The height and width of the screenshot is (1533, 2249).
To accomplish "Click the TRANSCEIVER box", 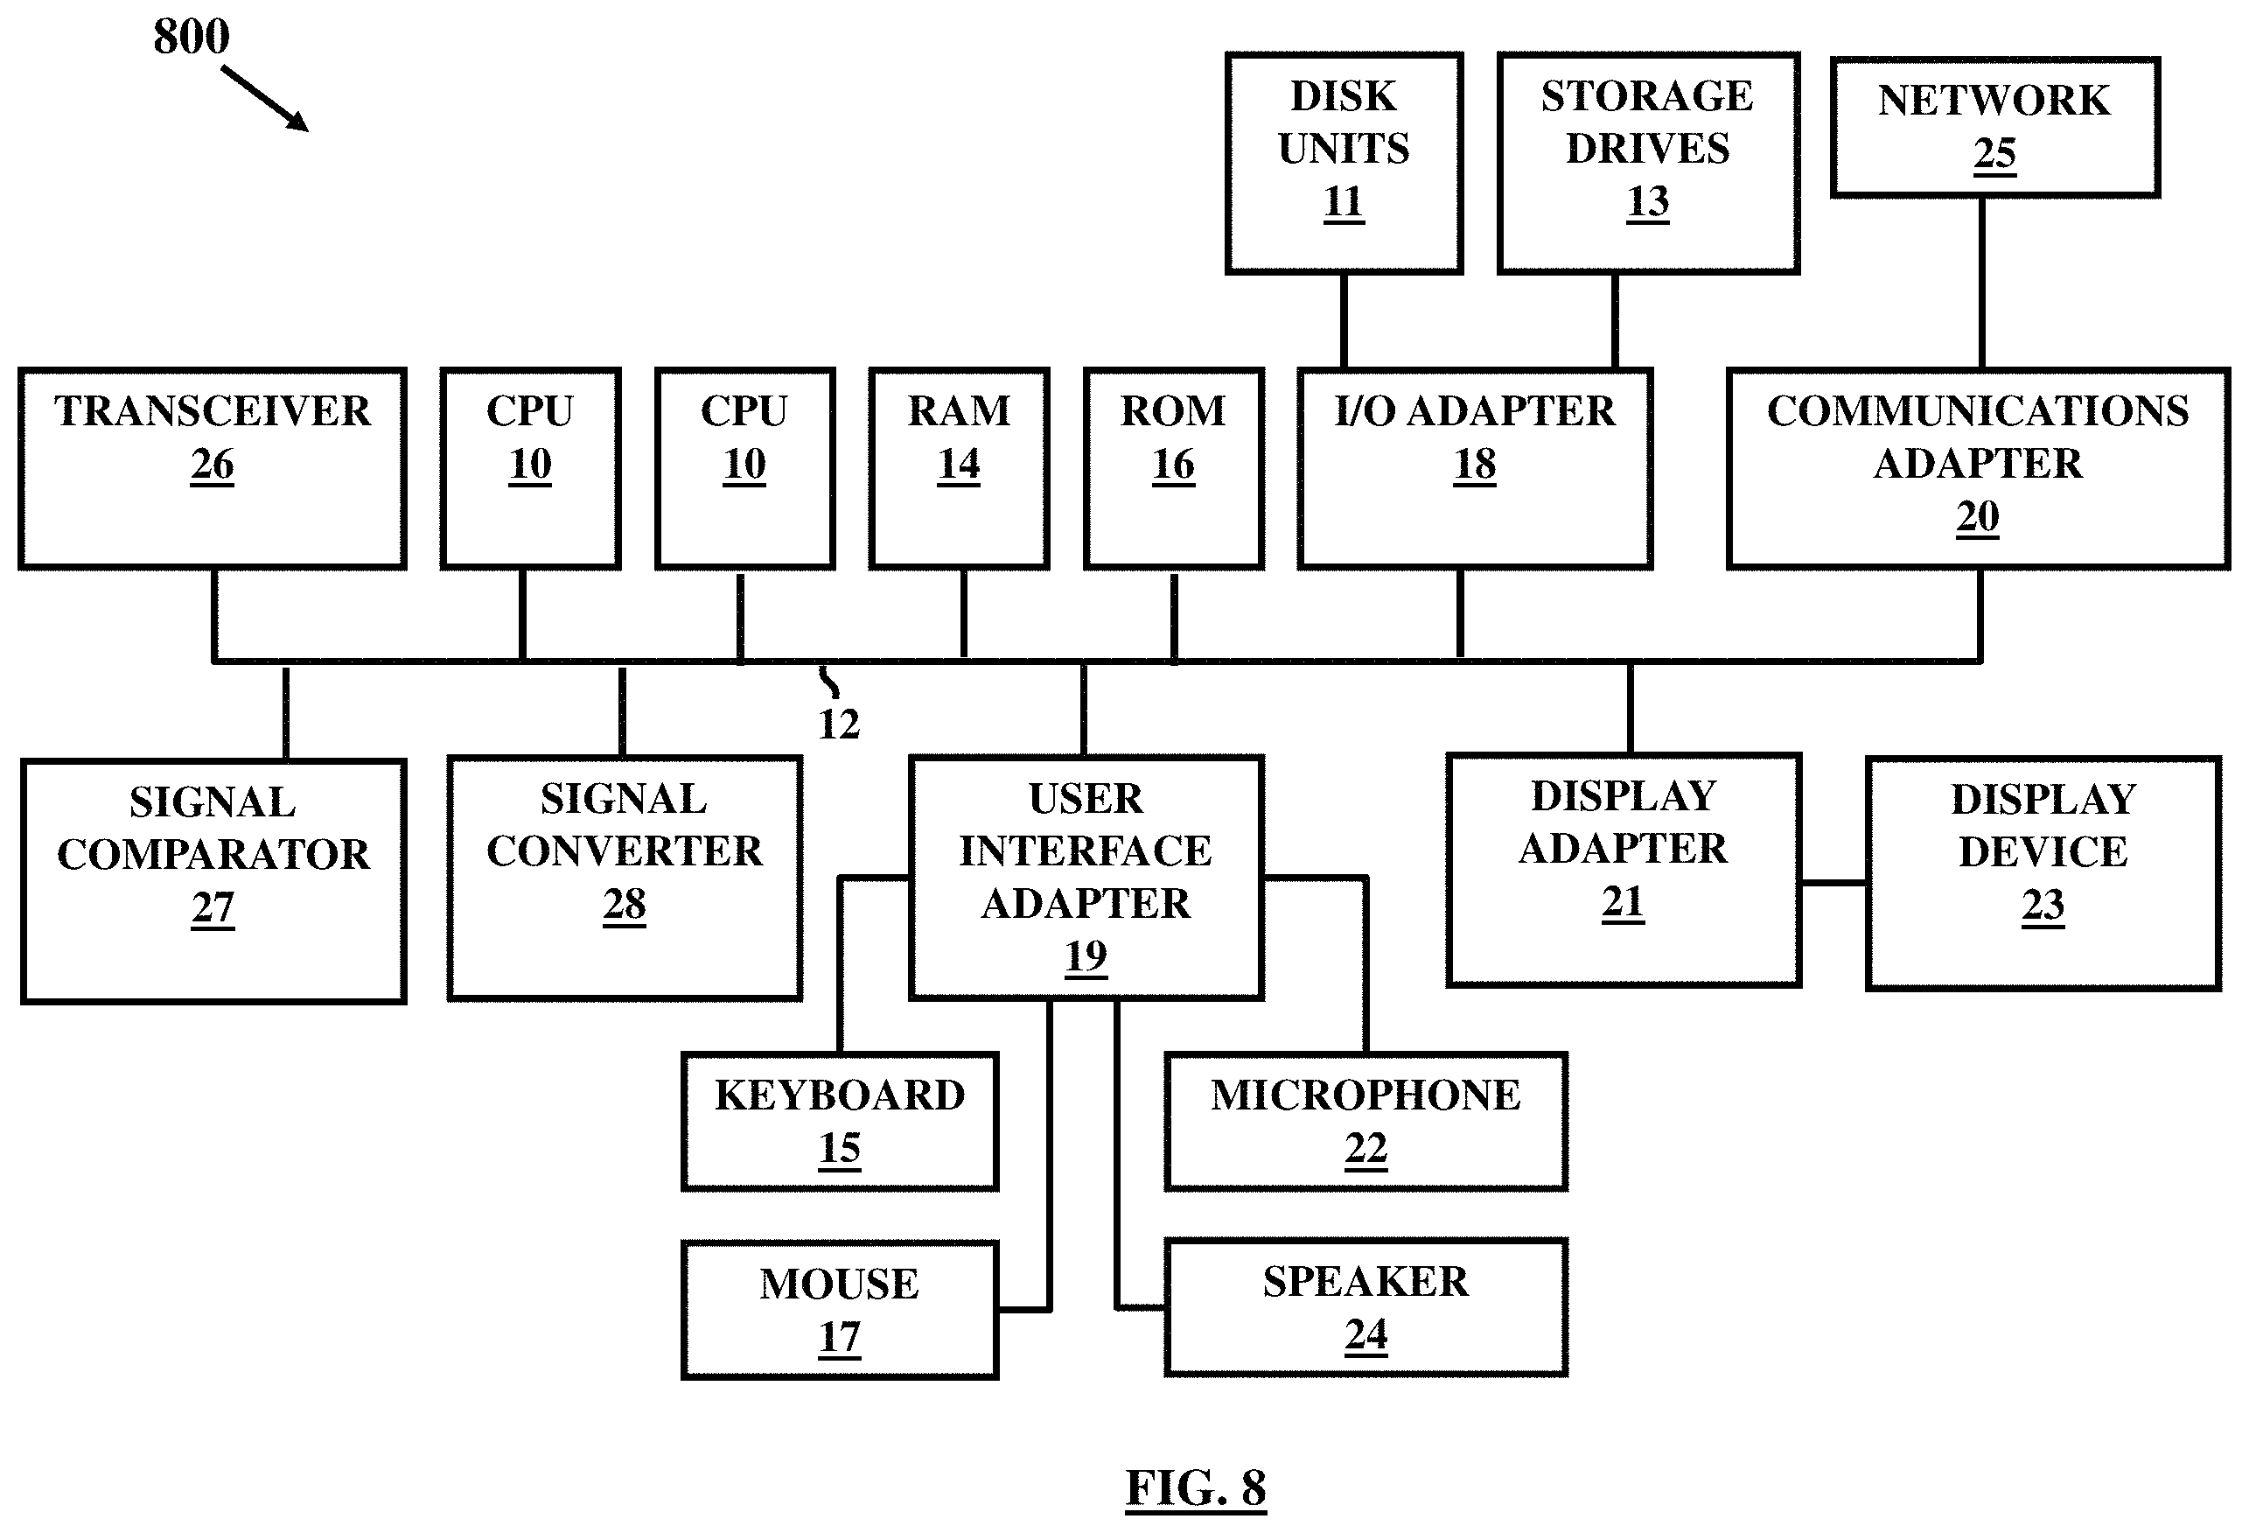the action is [212, 468].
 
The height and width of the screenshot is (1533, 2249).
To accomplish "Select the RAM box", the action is [959, 468].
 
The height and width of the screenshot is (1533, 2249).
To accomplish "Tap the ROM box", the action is [1174, 468].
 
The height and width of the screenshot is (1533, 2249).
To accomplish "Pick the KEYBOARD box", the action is [840, 1122].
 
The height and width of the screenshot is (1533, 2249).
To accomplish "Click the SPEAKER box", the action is [1366, 1307].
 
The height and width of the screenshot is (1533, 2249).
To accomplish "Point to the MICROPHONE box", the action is [1366, 1122].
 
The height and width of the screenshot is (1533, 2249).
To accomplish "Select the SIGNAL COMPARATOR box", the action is [213, 882].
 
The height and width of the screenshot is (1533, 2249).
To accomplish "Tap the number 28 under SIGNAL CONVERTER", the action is [625, 905].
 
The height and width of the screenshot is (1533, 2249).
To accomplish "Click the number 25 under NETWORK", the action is [1995, 154].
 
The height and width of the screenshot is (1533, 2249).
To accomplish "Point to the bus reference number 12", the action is [839, 724].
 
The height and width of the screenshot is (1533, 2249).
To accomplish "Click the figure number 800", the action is [192, 37].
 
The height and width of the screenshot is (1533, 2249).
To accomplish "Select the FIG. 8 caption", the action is [1196, 1488].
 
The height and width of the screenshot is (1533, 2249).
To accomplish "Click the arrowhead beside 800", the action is [299, 122].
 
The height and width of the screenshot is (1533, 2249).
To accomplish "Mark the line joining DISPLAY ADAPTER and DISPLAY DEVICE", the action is [1833, 883].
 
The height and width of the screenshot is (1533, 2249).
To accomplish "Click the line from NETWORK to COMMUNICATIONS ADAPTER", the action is [1982, 283].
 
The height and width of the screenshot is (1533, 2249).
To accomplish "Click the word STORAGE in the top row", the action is [1647, 96].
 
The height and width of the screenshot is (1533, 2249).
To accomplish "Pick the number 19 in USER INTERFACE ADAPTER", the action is [1086, 956].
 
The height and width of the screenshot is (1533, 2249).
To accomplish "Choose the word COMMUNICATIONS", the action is [1978, 411].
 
